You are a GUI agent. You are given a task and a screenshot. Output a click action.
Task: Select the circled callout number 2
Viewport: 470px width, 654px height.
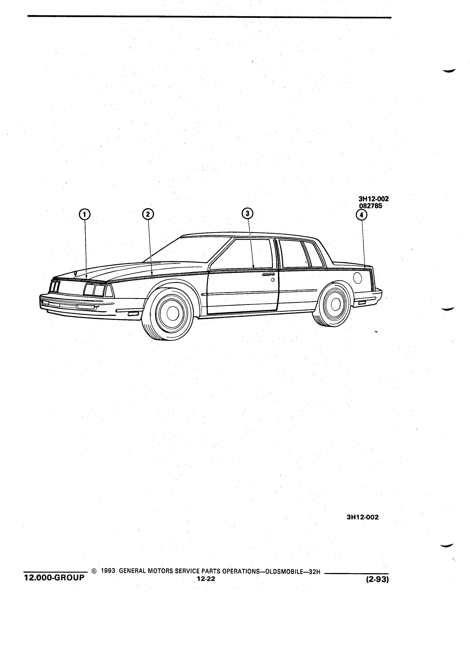(148, 214)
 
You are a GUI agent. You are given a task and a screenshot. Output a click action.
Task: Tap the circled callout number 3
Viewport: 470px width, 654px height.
(247, 213)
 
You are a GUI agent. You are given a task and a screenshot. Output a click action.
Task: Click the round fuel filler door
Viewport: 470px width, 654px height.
(358, 278)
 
